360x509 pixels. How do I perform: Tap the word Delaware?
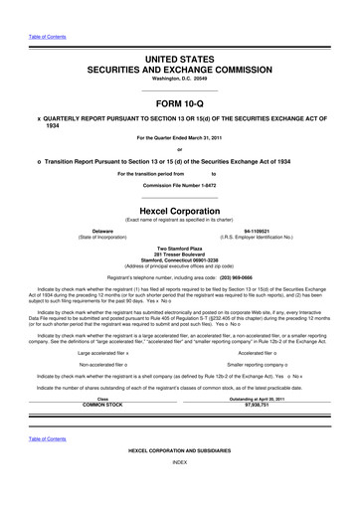94,230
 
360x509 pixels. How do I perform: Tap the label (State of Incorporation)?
94,236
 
